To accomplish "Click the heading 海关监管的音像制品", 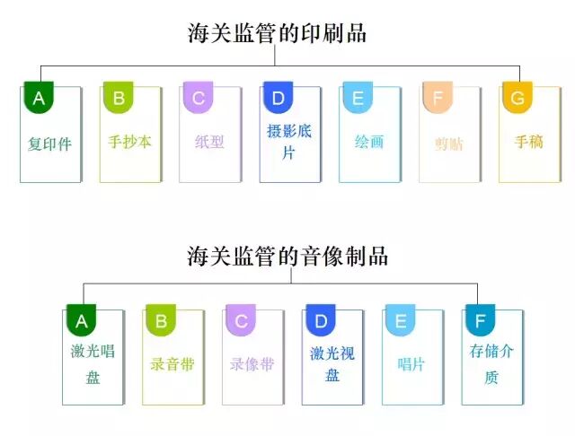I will coord(287,256).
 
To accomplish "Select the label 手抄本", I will coord(129,142).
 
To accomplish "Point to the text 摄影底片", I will coord(289,142).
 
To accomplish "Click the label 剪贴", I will coord(448,144).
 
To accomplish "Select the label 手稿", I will coord(528,142).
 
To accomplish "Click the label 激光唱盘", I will coord(93,364).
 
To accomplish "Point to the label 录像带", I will coord(252,365).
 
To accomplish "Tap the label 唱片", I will coord(411,365).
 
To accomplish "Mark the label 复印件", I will coord(49,144).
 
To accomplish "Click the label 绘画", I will coord(369,142).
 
